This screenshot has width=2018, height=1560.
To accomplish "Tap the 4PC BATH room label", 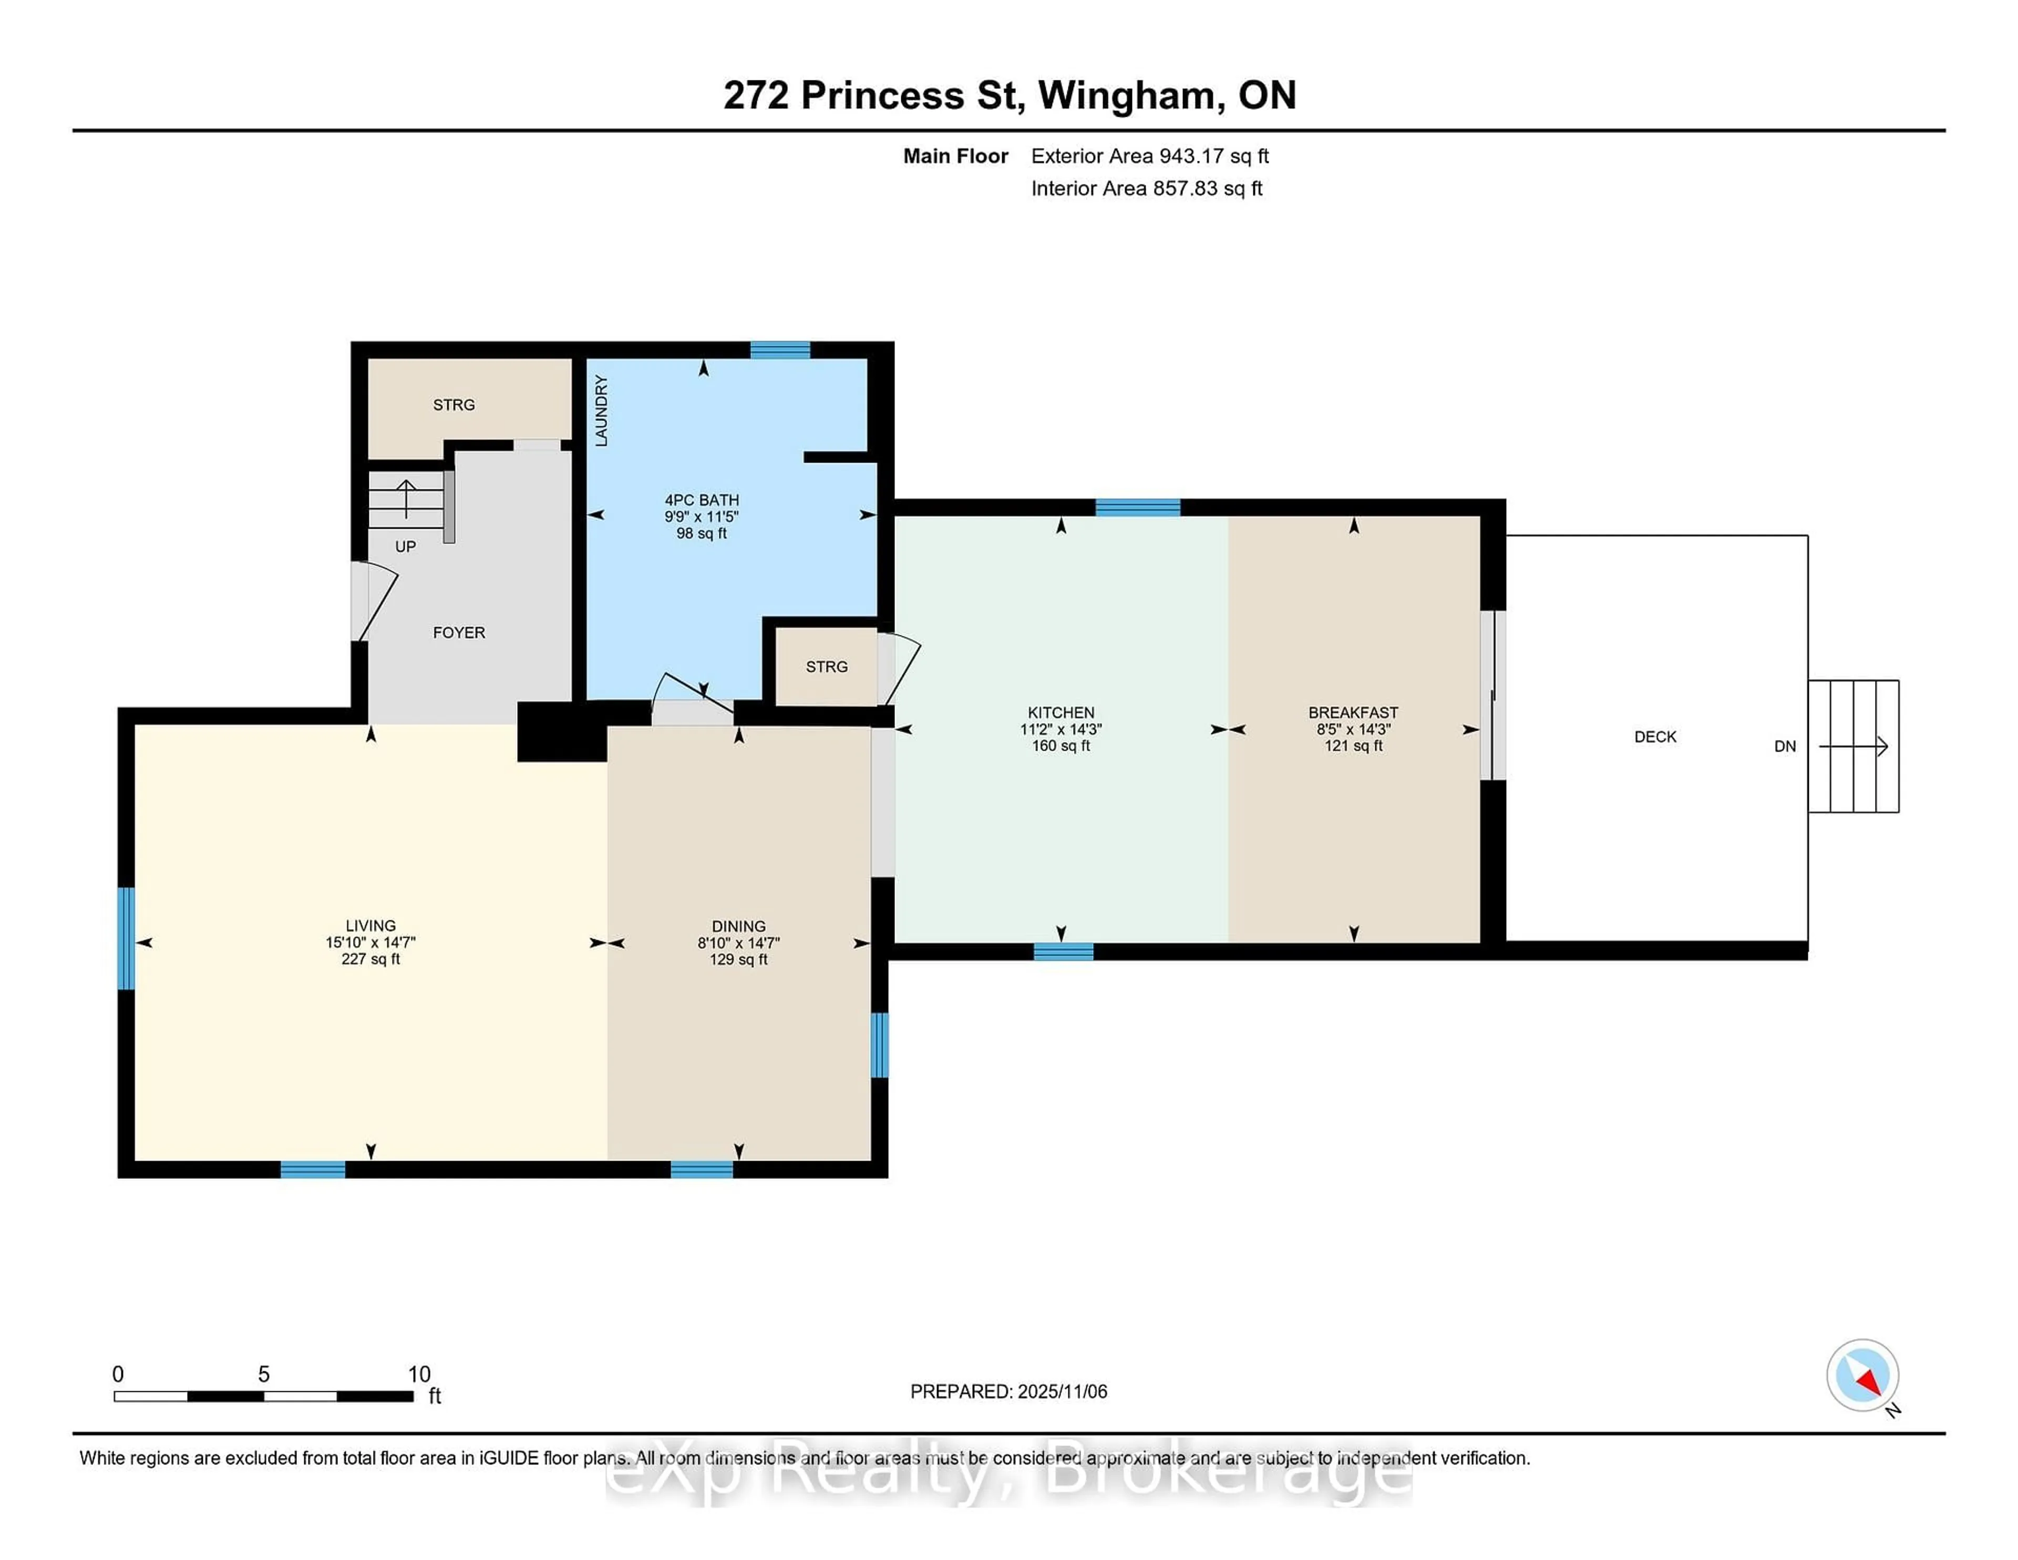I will coord(702,500).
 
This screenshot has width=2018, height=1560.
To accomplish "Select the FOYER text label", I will coord(458,633).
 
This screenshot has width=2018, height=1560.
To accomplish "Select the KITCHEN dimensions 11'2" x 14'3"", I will coord(1061,729).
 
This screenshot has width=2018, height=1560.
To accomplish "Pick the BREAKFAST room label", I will coord(1353,713).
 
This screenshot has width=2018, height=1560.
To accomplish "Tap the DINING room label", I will coord(738,926).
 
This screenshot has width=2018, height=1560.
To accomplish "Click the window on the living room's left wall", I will coord(126,938).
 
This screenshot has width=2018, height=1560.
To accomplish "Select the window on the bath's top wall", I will coord(780,350).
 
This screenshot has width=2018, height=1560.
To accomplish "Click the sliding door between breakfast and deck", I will coord(1492,695).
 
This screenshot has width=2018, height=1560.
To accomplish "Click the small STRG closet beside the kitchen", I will coord(826,666).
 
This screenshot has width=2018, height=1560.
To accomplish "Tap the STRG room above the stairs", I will coord(454,405).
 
